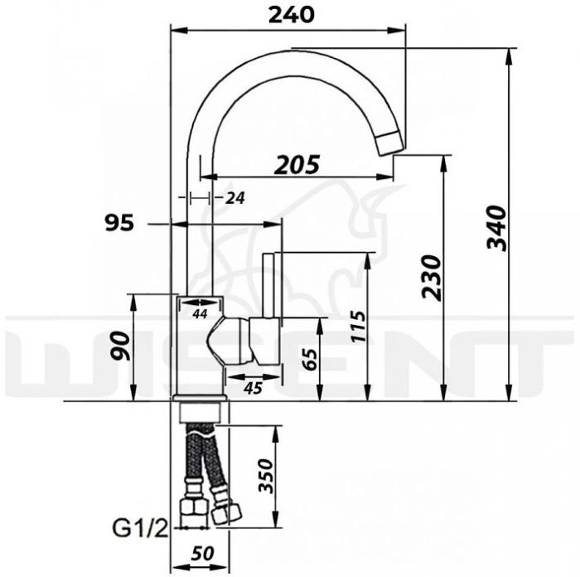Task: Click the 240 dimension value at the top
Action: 292,15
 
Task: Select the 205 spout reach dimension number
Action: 297,165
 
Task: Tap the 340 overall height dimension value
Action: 496,228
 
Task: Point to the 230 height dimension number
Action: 432,277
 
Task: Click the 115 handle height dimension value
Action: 358,326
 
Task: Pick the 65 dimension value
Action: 310,359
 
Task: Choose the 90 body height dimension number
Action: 122,347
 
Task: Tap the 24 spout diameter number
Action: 235,198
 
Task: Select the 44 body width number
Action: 201,314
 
